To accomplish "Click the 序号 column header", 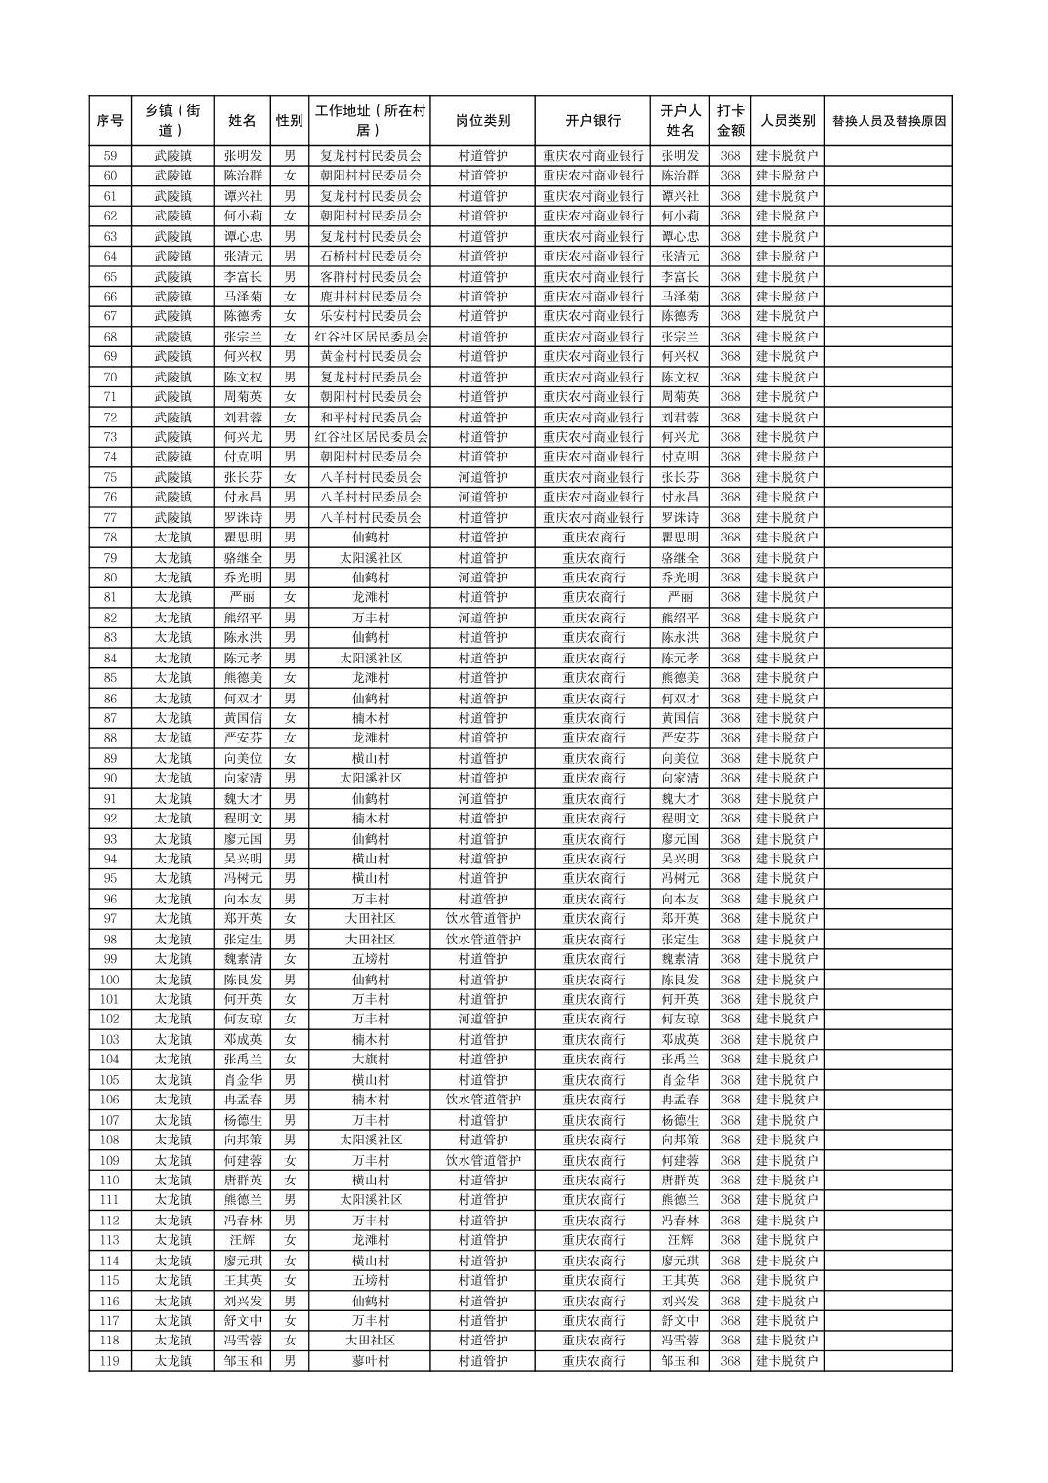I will click(x=110, y=121).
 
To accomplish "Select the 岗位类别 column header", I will click(x=483, y=121).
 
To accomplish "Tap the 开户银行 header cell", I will click(x=593, y=121).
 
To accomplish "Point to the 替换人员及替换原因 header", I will click(x=888, y=121).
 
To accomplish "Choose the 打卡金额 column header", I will click(x=730, y=121).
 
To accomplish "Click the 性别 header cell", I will click(x=290, y=121).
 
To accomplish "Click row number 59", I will click(x=110, y=156).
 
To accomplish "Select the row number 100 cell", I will click(x=110, y=980).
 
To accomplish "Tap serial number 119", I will click(x=110, y=1361).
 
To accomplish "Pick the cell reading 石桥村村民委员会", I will click(x=371, y=257).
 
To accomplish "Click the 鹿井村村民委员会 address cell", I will click(x=371, y=297).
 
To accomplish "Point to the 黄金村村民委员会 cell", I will click(x=371, y=357).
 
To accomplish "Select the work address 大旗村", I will click(x=371, y=1060).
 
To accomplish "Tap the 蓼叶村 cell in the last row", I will click(x=371, y=1361).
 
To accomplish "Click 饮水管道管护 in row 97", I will click(x=483, y=919).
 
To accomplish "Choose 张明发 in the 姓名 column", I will click(x=242, y=156).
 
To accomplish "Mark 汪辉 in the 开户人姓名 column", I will click(x=680, y=1240).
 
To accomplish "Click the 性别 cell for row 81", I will click(x=290, y=597).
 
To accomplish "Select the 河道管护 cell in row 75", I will click(x=483, y=477).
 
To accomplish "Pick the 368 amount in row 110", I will click(x=730, y=1181).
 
